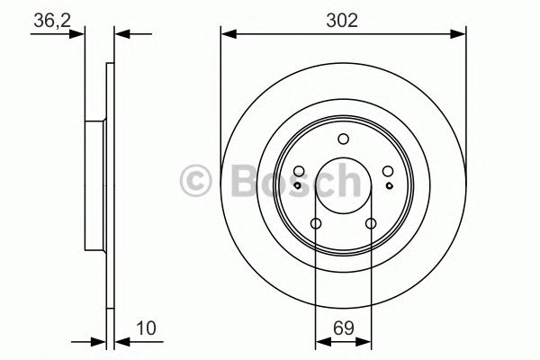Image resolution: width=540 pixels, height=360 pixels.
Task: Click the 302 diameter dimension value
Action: pos(344,21)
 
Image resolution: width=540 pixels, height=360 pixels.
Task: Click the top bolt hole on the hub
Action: pos(343,139)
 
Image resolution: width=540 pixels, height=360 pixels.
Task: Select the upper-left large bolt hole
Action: pos(299,172)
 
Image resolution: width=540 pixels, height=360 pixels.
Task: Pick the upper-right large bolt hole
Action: pos(387,172)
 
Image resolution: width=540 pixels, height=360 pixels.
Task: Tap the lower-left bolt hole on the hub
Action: pos(316,224)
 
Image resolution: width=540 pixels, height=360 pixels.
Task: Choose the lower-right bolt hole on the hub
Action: pos(370,224)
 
